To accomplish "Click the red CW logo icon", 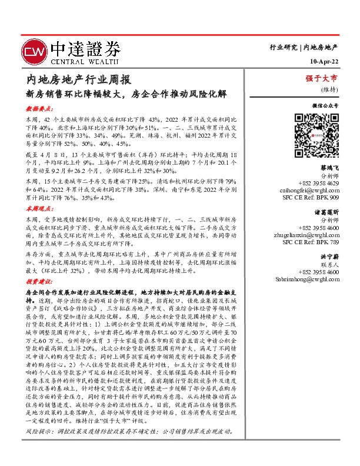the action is pyautogui.click(x=34, y=51).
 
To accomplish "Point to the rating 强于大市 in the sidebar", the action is pyautogui.click(x=321, y=78).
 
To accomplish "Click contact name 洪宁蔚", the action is pyautogui.click(x=329, y=257).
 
